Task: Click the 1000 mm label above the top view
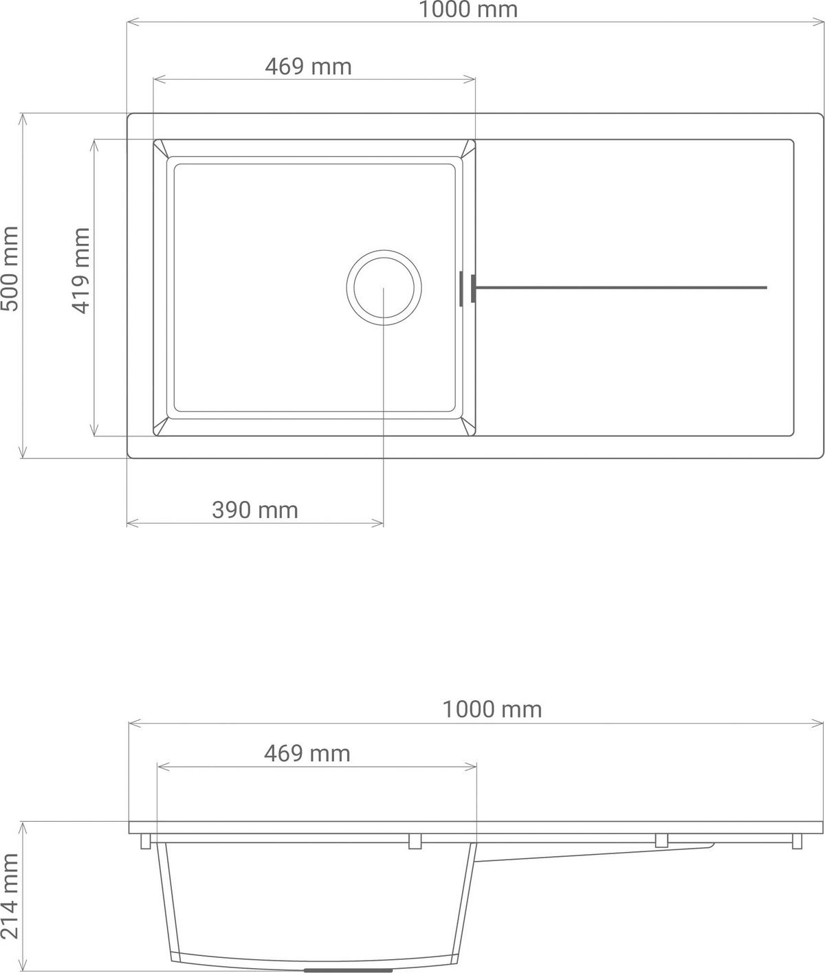(x=467, y=10)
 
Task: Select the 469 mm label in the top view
(x=308, y=67)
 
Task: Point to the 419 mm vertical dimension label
(x=80, y=271)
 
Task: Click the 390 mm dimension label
(x=254, y=510)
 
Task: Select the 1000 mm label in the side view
(x=492, y=709)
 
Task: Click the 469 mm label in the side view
(x=307, y=753)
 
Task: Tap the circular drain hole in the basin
(x=384, y=287)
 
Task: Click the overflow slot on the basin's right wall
(x=460, y=287)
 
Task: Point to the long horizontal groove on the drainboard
(x=619, y=287)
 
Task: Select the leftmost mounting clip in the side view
(x=146, y=842)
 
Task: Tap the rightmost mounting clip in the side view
(x=797, y=842)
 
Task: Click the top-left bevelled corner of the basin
(x=161, y=148)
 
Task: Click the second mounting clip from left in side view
(x=415, y=842)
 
